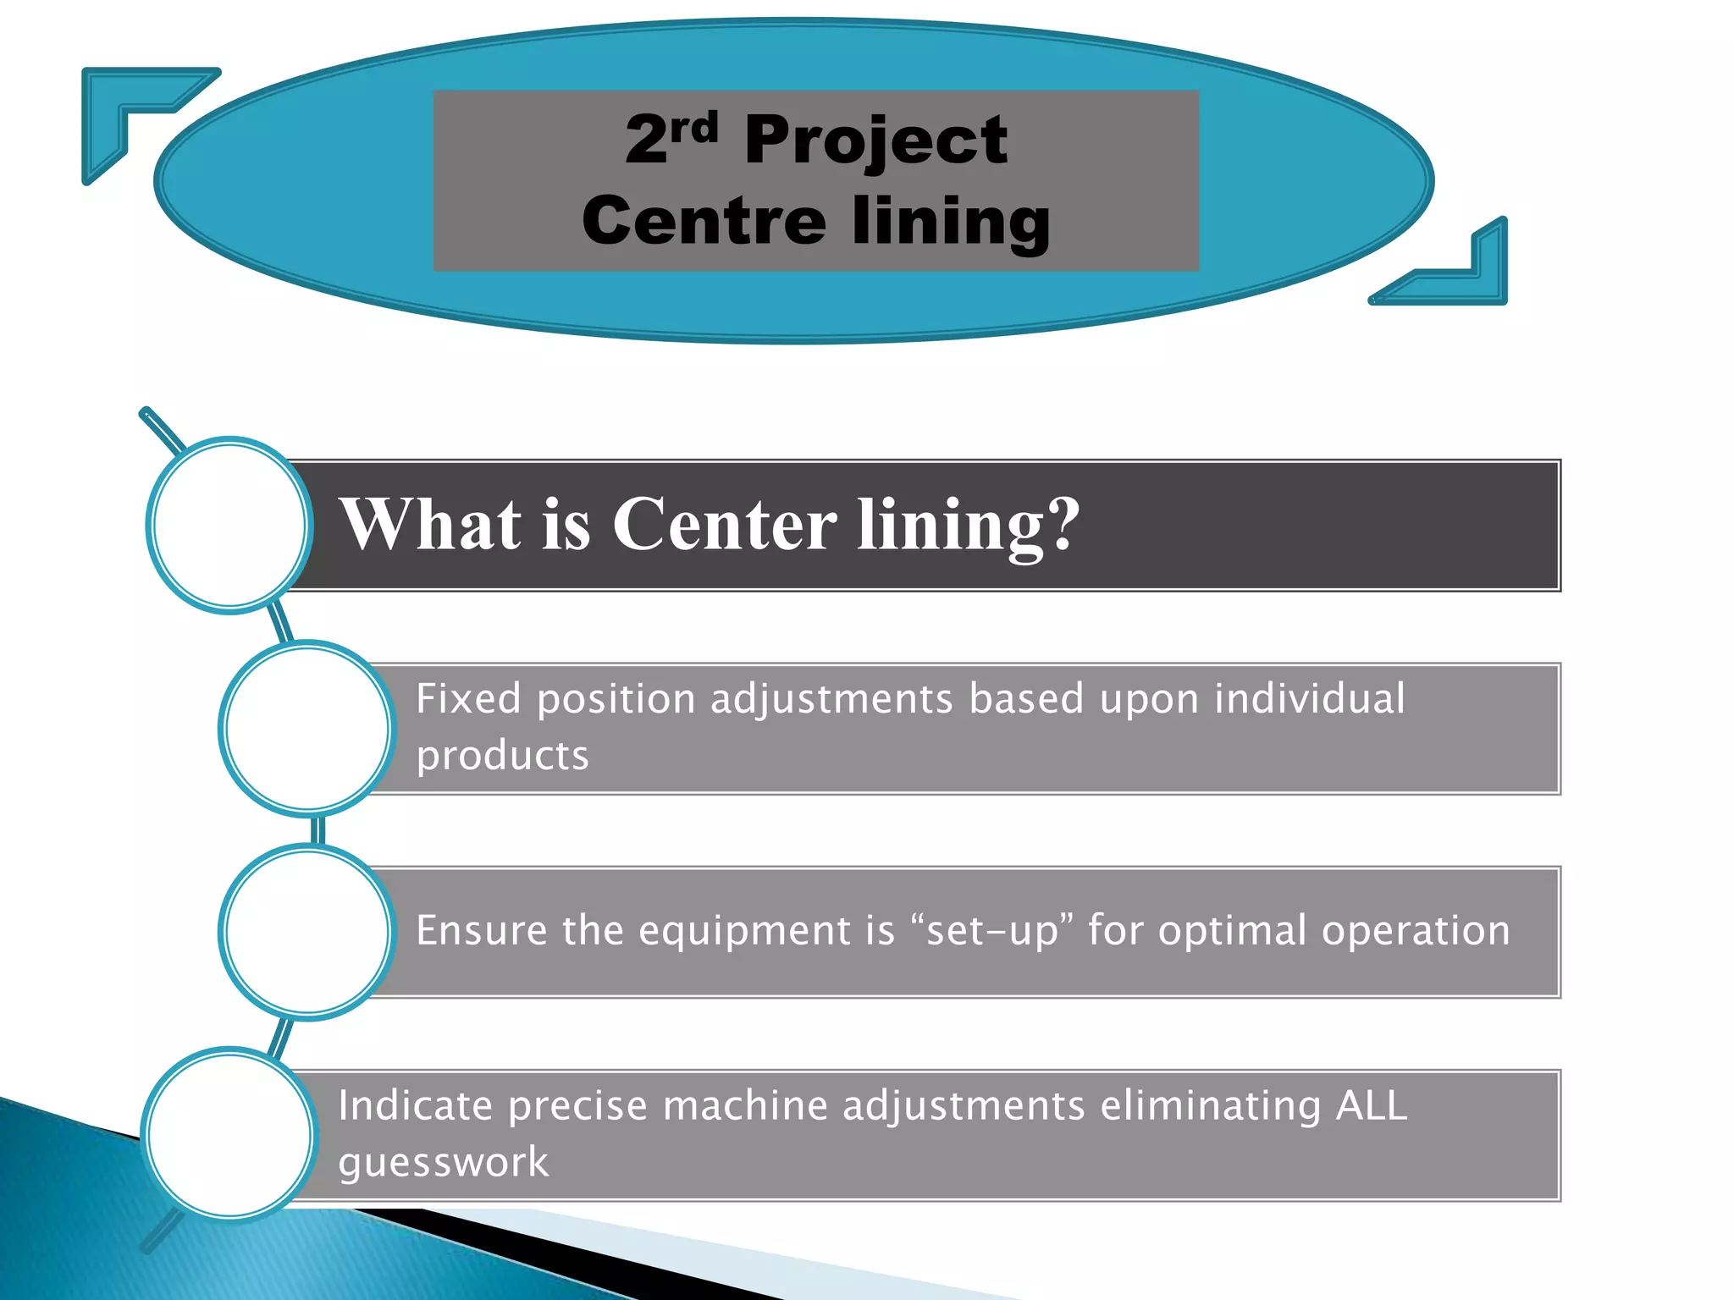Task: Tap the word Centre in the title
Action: coord(704,220)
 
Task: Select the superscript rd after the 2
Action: coord(694,127)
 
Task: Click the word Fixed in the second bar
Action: coord(468,699)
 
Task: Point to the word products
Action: coord(502,756)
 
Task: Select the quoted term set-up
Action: coord(993,930)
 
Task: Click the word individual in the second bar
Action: coord(1310,699)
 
